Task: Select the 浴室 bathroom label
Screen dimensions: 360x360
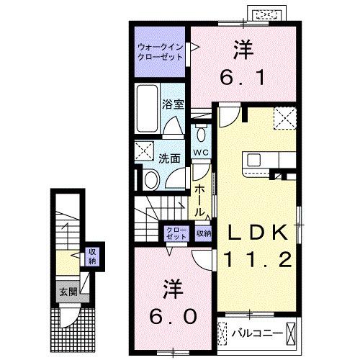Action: click(x=174, y=104)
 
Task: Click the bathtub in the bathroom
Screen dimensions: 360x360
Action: click(x=148, y=106)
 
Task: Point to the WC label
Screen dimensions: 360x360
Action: click(x=201, y=152)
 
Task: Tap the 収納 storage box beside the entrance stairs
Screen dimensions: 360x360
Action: click(x=92, y=256)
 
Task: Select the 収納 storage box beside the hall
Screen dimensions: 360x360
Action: click(x=204, y=233)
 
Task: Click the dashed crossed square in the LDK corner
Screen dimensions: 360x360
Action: click(x=284, y=117)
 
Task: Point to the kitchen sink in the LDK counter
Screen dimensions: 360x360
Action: click(x=257, y=159)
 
